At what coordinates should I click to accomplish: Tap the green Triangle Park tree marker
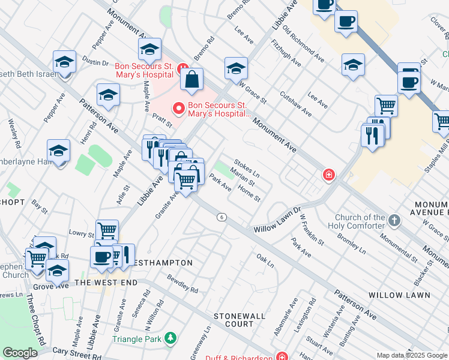[x=171, y=339]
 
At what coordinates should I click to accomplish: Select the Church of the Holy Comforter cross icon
[x=394, y=220]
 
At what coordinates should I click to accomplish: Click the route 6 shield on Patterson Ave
[x=222, y=217]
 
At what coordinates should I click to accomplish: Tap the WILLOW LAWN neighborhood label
[x=399, y=295]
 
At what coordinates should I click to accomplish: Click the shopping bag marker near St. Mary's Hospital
[x=191, y=80]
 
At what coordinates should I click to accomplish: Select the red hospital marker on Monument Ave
[x=328, y=175]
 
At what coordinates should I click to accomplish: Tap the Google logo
[x=20, y=353]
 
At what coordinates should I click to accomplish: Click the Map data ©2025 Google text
[x=411, y=355]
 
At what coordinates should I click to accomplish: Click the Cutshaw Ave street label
[x=296, y=103]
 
